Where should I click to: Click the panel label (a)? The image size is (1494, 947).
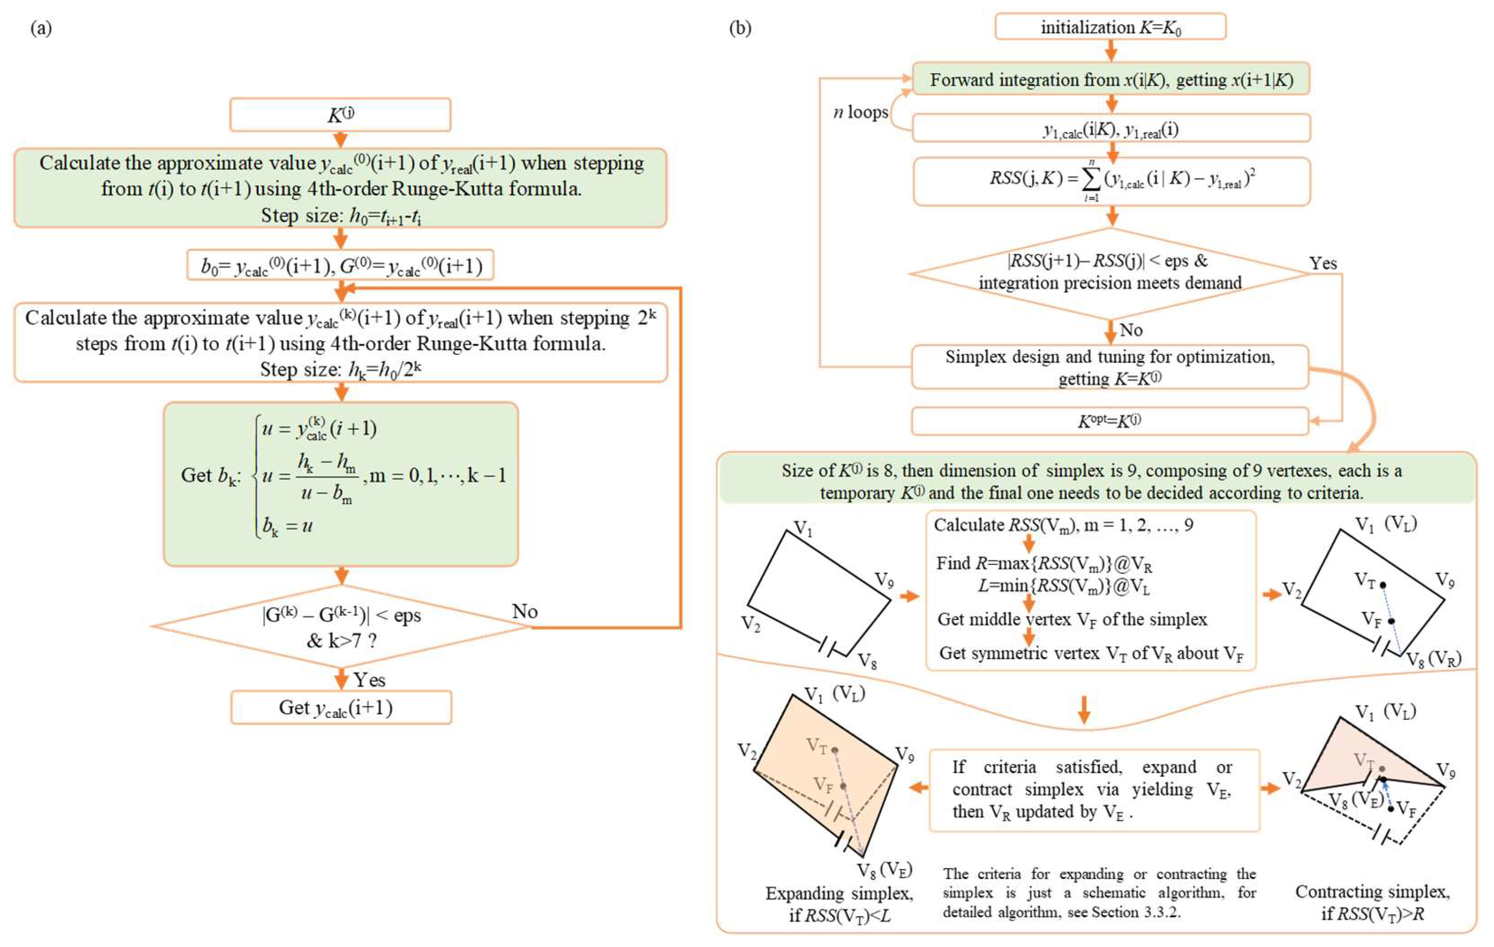click(x=41, y=28)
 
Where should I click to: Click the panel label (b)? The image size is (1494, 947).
click(x=740, y=28)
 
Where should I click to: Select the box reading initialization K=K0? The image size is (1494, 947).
click(x=1110, y=27)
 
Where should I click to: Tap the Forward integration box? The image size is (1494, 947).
click(x=1110, y=80)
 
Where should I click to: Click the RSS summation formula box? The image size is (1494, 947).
click(x=1111, y=181)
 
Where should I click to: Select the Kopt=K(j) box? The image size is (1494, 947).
click(x=1110, y=421)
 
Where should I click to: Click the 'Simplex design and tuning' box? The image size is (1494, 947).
click(x=1110, y=367)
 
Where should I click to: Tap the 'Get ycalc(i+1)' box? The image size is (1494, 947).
click(x=341, y=708)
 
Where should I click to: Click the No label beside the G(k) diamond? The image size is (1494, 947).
click(x=524, y=611)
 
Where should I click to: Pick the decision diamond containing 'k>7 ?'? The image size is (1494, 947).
click(x=341, y=627)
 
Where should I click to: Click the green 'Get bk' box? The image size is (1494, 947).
click(x=341, y=484)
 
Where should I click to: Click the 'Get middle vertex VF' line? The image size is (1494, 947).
click(x=1072, y=620)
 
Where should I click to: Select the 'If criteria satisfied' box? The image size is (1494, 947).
click(x=1094, y=790)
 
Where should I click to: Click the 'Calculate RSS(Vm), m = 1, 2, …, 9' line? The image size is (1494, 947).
click(x=1063, y=525)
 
